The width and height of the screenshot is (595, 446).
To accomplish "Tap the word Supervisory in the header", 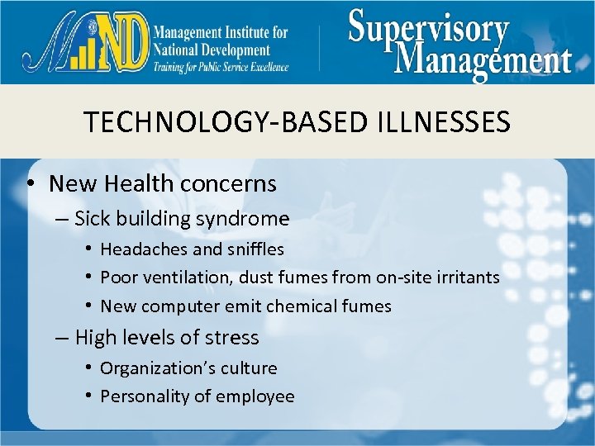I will click(428, 30).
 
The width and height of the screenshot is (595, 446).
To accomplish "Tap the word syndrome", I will click(245, 219).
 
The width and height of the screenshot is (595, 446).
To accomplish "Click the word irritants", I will click(465, 278).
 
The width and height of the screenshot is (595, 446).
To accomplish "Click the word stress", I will click(234, 338).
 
